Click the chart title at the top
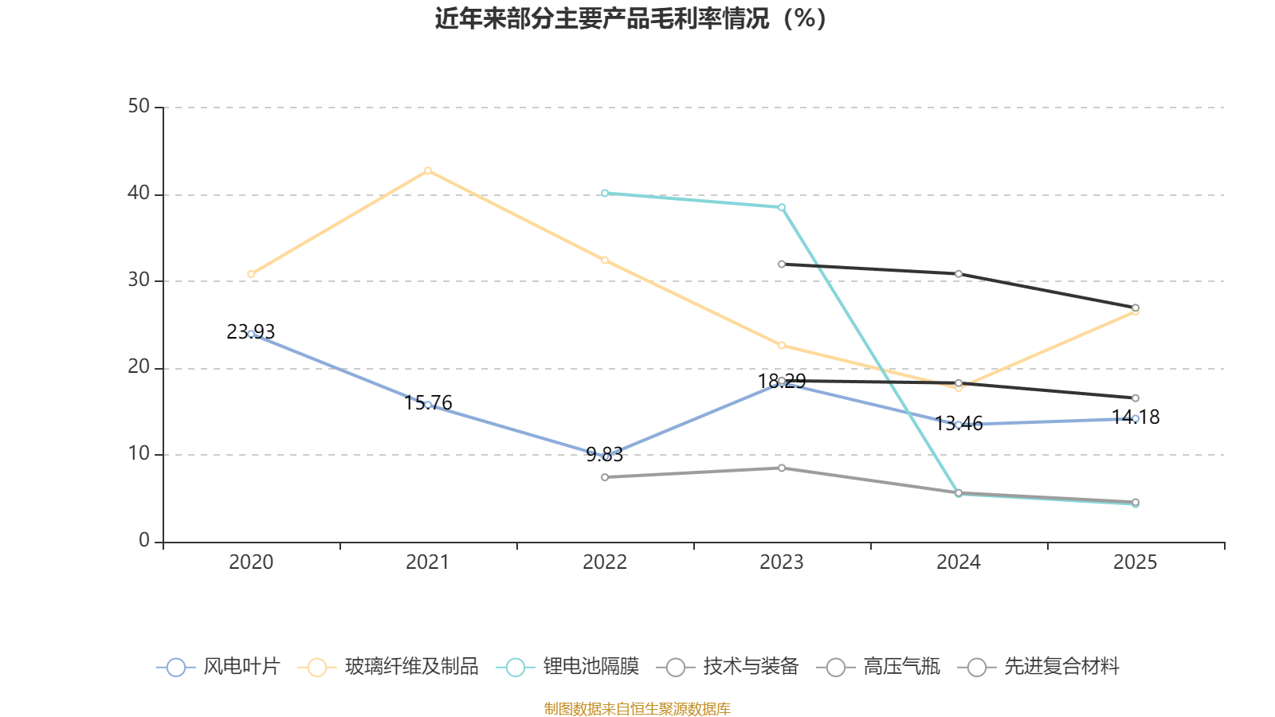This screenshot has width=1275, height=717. (631, 18)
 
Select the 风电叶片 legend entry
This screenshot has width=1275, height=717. (219, 667)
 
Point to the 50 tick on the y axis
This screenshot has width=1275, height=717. (139, 107)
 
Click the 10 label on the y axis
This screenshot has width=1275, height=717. (139, 454)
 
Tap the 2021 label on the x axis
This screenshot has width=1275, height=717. (428, 562)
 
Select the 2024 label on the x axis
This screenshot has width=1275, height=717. (959, 562)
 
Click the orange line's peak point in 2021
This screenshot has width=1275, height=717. (428, 170)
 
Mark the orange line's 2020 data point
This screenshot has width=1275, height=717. (251, 274)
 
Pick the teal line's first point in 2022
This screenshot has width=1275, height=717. (605, 193)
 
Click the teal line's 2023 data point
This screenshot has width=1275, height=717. (782, 207)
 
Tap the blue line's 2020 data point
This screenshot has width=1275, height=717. (251, 334)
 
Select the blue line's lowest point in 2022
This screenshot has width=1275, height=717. (605, 456)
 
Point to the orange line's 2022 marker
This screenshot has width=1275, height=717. (605, 261)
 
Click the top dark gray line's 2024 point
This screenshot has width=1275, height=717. (959, 274)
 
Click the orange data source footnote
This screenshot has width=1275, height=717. (637, 708)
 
